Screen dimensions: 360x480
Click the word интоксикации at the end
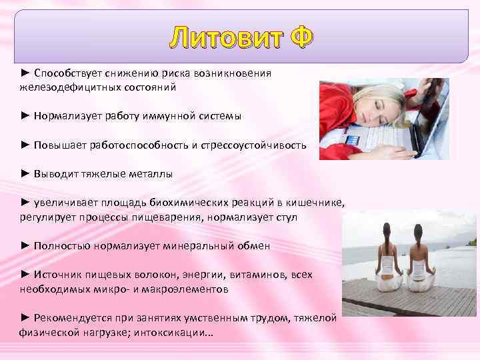tap(173, 333)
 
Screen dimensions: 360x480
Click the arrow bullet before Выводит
tap(25, 174)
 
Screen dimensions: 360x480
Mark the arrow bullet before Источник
tap(25, 275)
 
